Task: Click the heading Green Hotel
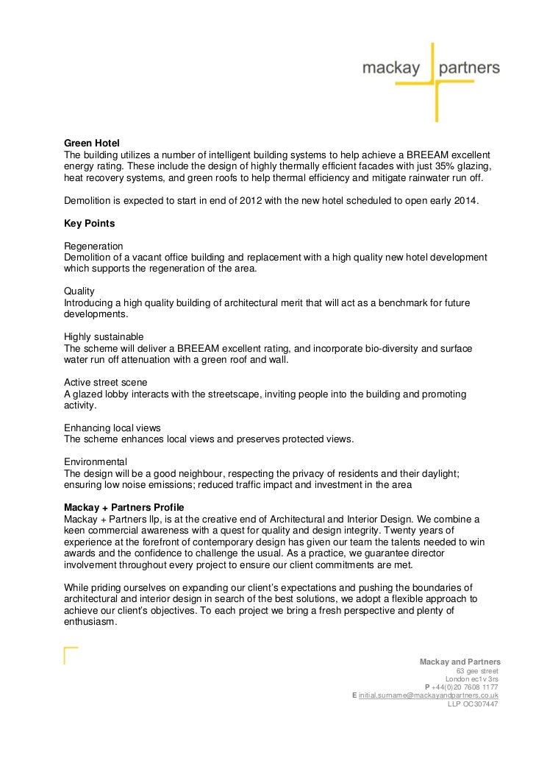92,142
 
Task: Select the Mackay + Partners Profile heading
124,508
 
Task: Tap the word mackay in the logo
390,69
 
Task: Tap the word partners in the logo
468,69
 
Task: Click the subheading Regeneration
93,245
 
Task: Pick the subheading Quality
79,291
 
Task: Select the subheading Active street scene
106,382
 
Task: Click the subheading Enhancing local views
112,428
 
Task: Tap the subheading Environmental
96,461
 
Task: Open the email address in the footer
429,694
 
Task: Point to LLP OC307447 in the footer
473,704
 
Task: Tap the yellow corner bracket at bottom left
70,654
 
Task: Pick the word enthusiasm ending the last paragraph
90,622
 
